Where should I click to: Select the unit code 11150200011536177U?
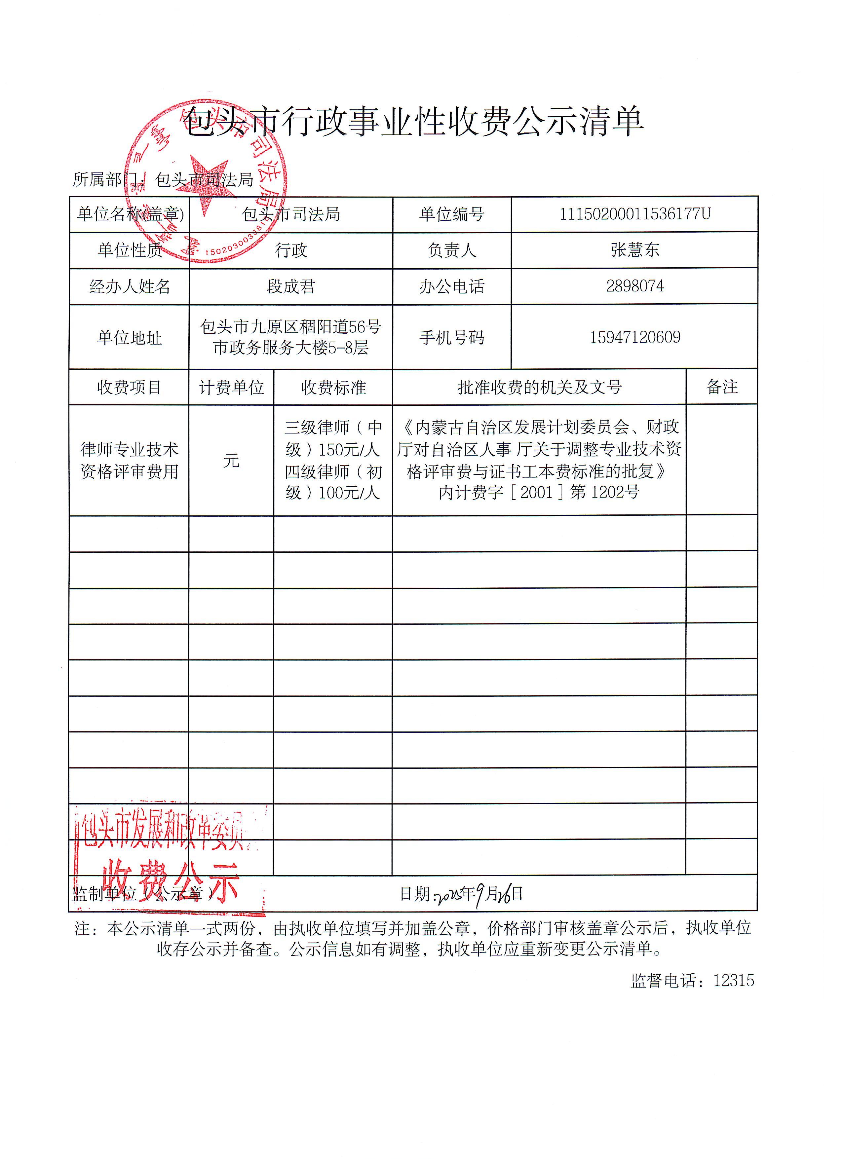(634, 214)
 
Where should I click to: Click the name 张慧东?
(634, 249)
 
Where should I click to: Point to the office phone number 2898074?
(634, 286)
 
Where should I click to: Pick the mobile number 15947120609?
(634, 337)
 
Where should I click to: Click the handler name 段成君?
(290, 286)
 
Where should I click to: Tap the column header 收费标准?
(333, 387)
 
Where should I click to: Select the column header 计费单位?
(231, 387)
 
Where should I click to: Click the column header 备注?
(721, 387)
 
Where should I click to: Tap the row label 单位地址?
(129, 337)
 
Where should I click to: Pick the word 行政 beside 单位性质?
(290, 250)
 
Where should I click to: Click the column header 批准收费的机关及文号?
(539, 387)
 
